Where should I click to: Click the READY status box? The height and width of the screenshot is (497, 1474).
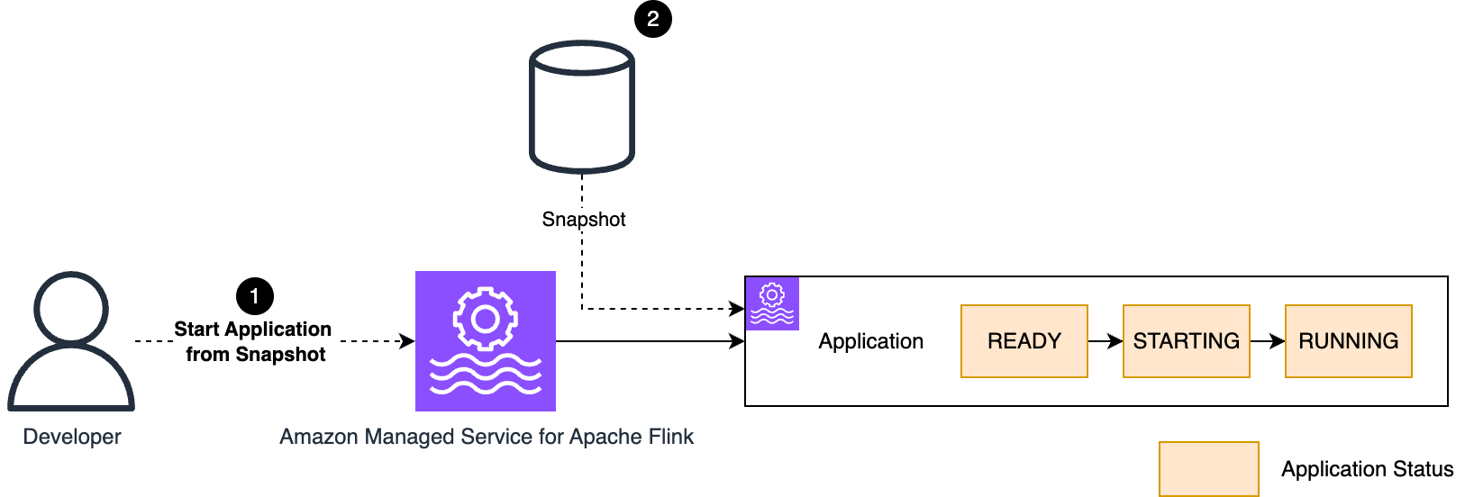click(1024, 341)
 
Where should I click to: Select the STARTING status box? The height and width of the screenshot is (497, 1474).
click(1186, 341)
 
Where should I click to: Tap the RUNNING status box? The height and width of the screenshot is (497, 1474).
click(1348, 341)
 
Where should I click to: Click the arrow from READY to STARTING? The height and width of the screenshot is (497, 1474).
click(1105, 341)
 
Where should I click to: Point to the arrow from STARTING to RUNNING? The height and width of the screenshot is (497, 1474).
click(1267, 341)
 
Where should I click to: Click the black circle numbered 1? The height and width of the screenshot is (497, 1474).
click(254, 296)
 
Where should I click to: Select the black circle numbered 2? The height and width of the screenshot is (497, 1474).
click(652, 19)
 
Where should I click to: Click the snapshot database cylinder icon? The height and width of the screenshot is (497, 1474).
click(582, 106)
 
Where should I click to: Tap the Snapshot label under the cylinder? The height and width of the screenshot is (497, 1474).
click(583, 219)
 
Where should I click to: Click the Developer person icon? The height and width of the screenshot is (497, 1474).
click(71, 342)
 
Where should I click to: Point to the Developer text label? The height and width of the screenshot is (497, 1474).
click(72, 437)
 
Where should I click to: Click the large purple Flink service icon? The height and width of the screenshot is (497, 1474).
click(486, 341)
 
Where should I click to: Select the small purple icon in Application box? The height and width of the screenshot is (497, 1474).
click(772, 303)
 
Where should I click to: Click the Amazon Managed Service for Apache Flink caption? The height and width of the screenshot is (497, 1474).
click(487, 437)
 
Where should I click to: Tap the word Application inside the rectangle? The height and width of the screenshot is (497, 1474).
click(870, 341)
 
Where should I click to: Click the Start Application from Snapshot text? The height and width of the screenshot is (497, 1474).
click(253, 341)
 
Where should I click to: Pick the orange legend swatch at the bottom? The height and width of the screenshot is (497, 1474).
click(1208, 468)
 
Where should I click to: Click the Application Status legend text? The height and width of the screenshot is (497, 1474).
click(1367, 469)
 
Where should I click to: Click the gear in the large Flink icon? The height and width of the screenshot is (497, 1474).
click(486, 318)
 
